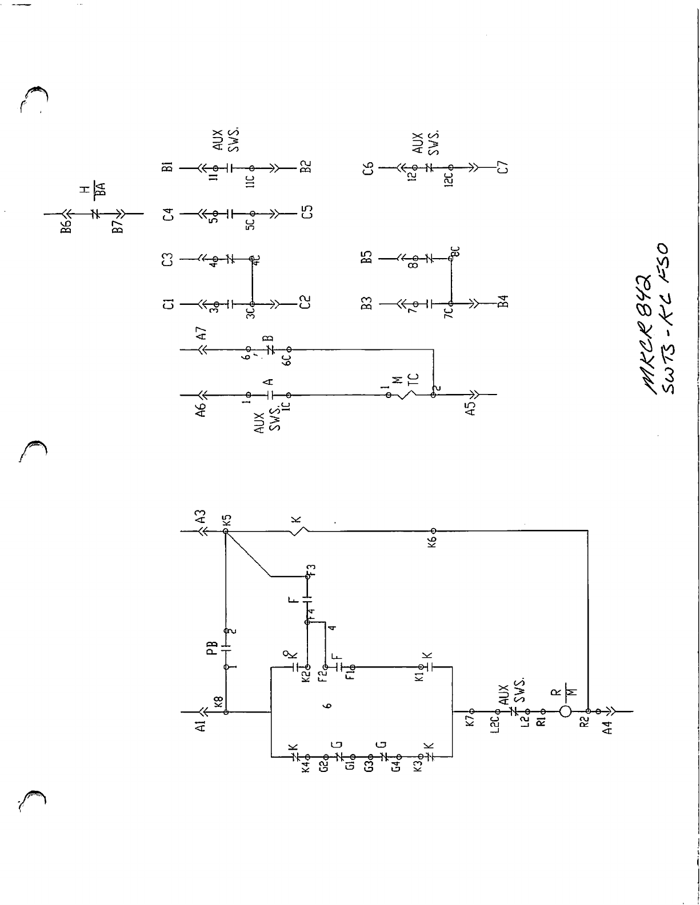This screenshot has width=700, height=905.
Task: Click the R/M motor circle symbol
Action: (566, 711)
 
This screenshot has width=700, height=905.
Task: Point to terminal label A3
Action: (199, 517)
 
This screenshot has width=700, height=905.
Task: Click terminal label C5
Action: (307, 214)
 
